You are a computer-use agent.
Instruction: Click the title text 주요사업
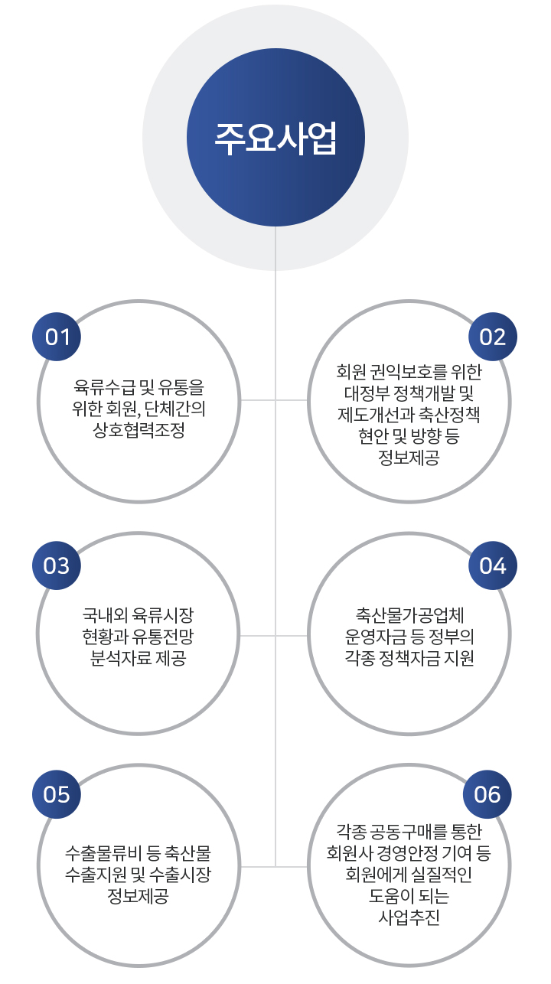[x=275, y=138]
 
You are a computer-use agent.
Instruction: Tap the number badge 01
[x=57, y=337]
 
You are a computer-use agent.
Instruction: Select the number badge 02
[x=493, y=337]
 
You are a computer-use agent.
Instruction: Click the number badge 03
[x=57, y=565]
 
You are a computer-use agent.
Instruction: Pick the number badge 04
[x=493, y=565]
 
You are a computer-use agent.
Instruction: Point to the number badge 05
[x=57, y=794]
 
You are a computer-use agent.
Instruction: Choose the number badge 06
[x=487, y=794]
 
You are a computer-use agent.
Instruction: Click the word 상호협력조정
[x=139, y=429]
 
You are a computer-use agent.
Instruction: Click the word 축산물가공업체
[x=409, y=615]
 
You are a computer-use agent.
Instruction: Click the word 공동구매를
[x=409, y=831]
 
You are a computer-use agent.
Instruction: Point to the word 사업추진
[x=409, y=917]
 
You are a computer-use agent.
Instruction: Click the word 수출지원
[x=96, y=874]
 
